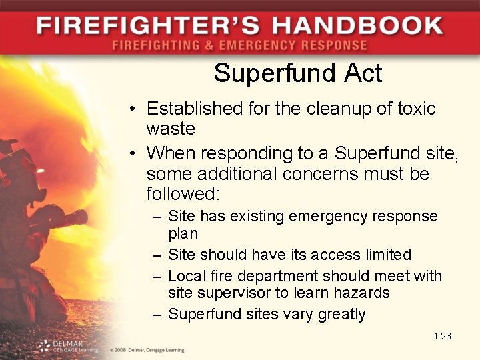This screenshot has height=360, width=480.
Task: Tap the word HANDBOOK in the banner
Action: (x=357, y=27)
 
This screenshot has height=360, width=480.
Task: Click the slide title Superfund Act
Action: (x=298, y=73)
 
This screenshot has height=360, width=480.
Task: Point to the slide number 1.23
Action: (x=442, y=336)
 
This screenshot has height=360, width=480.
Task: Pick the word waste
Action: (x=171, y=128)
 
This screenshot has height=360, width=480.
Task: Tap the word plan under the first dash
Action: (x=183, y=234)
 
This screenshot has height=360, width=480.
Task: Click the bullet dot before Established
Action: (x=134, y=109)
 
